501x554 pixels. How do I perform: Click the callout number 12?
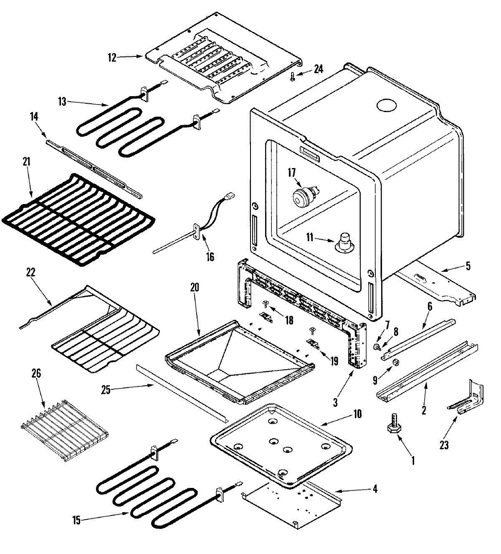[112, 58]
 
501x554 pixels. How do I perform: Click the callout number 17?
[291, 171]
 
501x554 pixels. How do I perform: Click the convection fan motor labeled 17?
[304, 197]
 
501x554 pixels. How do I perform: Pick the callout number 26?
[36, 374]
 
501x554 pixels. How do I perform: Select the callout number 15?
[76, 520]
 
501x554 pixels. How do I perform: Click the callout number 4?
[374, 488]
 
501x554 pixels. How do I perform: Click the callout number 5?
[468, 266]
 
